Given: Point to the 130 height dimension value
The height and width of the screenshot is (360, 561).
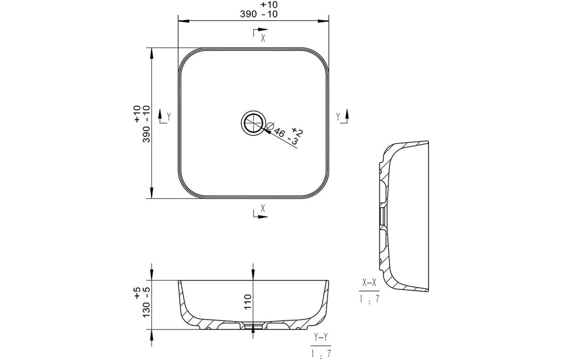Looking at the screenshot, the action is pos(146,309).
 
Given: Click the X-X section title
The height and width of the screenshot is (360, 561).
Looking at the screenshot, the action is pos(369,283).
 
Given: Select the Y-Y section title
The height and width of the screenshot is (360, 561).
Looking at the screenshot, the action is pos(320,337).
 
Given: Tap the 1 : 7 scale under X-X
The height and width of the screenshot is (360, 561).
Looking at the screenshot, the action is pos(370,299).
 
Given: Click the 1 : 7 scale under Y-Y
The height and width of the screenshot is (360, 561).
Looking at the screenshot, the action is pos(321,353).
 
